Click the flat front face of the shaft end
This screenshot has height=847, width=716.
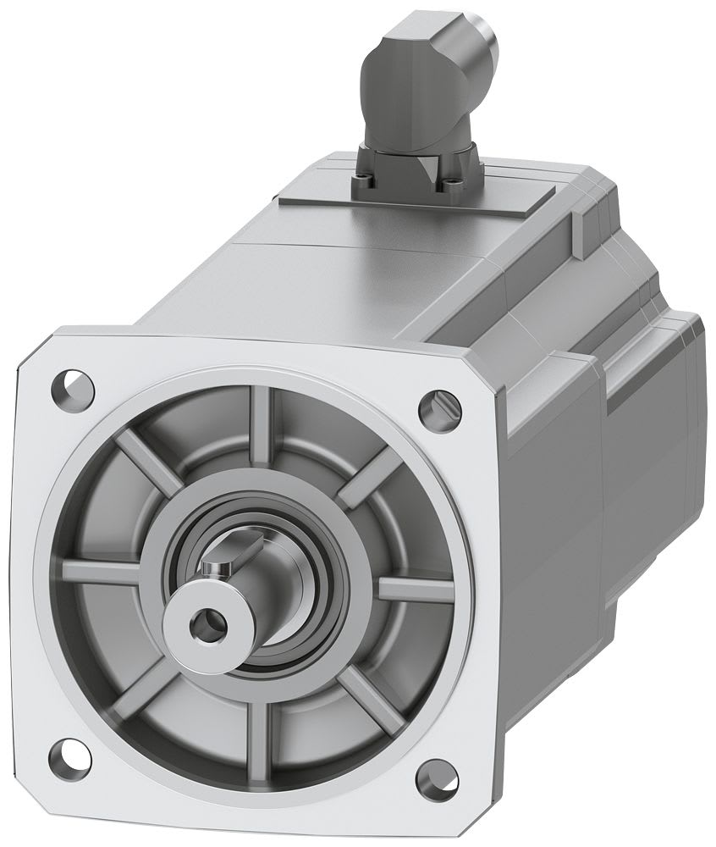tap(188, 621)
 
